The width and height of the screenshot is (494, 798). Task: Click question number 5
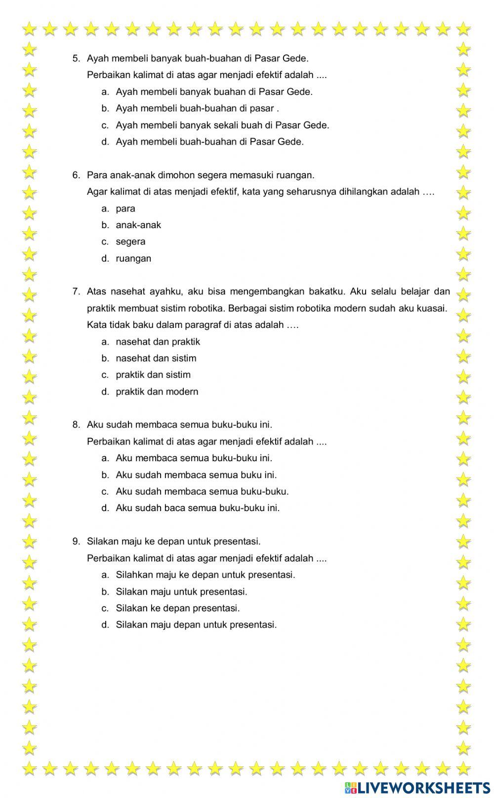[x=76, y=58]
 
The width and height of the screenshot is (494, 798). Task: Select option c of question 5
[x=222, y=125]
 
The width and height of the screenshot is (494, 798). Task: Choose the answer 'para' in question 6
[x=125, y=208]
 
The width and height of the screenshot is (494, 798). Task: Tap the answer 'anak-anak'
[x=138, y=225]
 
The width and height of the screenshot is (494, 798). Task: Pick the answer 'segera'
[x=130, y=241]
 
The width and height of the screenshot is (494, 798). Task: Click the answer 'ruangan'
[x=133, y=258]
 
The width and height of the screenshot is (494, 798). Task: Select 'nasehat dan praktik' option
[x=158, y=341]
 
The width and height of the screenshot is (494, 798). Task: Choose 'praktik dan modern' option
[x=157, y=392]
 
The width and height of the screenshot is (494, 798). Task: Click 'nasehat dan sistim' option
[x=156, y=358]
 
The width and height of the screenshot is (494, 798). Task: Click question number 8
[x=76, y=425]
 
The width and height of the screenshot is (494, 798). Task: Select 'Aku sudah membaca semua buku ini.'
[x=196, y=475]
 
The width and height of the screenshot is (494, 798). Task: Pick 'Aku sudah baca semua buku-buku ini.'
[x=198, y=508]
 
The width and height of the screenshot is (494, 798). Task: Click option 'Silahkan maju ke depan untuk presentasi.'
[x=205, y=575]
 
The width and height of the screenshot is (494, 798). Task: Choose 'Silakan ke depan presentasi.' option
[x=177, y=608]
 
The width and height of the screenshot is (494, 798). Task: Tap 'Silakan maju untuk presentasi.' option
[x=181, y=592]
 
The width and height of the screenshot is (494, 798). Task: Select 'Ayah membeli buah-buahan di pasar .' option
[x=197, y=108]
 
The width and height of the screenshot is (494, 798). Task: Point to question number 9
[x=76, y=541]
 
